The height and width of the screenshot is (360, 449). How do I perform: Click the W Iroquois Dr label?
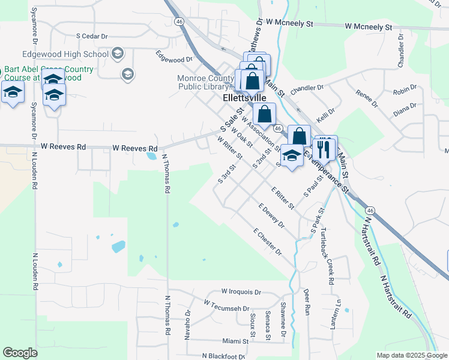click(241, 292)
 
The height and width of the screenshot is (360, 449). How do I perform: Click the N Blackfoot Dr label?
click(225, 356)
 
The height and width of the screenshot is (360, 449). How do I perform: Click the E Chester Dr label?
click(268, 241)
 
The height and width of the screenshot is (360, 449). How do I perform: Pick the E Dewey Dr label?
click(271, 215)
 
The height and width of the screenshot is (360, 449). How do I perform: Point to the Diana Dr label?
click(405, 109)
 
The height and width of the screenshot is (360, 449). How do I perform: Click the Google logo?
click(20, 353)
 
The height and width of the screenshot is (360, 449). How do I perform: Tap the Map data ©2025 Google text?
click(411, 355)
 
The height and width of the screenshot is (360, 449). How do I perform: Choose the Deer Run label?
click(307, 300)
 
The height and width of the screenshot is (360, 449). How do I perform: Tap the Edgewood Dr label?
click(173, 59)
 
